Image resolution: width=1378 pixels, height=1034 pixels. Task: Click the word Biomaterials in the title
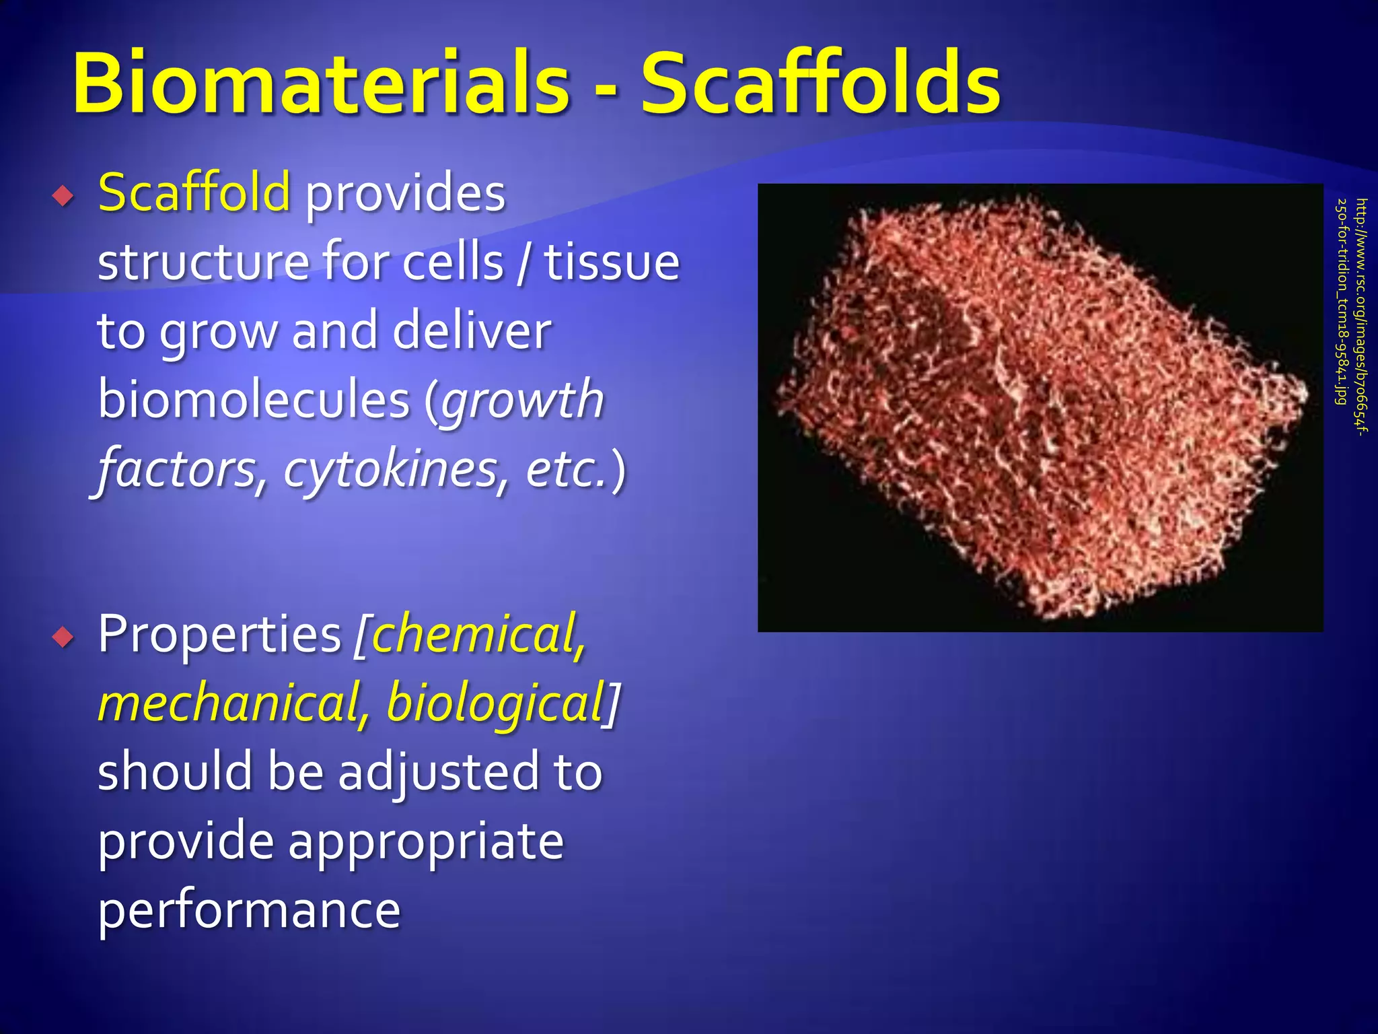pyautogui.click(x=322, y=84)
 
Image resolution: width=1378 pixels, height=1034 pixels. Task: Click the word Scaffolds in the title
pyautogui.click(x=820, y=84)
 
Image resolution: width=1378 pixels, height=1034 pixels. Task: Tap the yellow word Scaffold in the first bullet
pyautogui.click(x=194, y=193)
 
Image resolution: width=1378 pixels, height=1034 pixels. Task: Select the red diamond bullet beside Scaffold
pyautogui.click(x=64, y=197)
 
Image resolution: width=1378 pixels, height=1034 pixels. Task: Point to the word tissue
pyautogui.click(x=612, y=262)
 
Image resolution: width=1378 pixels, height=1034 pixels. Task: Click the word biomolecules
pyautogui.click(x=254, y=400)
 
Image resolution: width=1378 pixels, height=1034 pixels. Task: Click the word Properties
pyautogui.click(x=219, y=634)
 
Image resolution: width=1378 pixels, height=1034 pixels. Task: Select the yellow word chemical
pyautogui.click(x=478, y=634)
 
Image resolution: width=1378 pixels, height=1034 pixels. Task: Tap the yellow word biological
pyautogui.click(x=495, y=703)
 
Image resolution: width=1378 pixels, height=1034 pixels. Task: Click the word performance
pyautogui.click(x=249, y=911)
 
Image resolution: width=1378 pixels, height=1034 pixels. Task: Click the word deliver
pyautogui.click(x=472, y=331)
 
